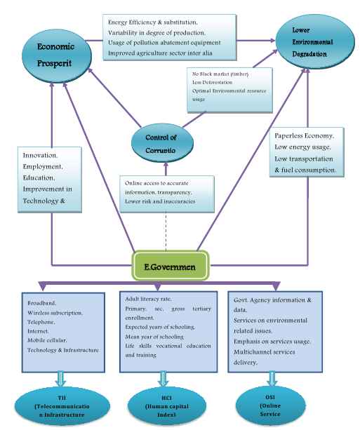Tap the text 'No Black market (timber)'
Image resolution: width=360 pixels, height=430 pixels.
coord(220,73)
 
